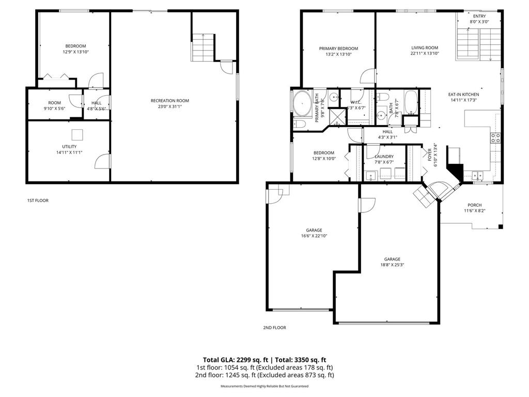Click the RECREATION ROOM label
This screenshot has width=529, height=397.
pyautogui.click(x=169, y=100)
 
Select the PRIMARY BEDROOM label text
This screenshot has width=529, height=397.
pyautogui.click(x=338, y=49)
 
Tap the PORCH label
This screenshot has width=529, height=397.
pyautogui.click(x=474, y=205)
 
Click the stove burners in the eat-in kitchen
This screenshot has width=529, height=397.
pyautogui.click(x=494, y=138)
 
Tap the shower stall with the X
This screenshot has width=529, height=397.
pyautogui.click(x=337, y=115)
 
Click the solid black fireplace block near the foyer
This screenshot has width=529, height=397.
pyautogui.click(x=455, y=169)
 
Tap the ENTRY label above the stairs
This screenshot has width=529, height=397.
pyautogui.click(x=479, y=16)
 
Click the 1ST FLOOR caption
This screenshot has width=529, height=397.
pyautogui.click(x=38, y=201)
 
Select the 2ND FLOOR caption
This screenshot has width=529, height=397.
pyautogui.click(x=274, y=327)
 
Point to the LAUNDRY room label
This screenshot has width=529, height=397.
pyautogui.click(x=384, y=156)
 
